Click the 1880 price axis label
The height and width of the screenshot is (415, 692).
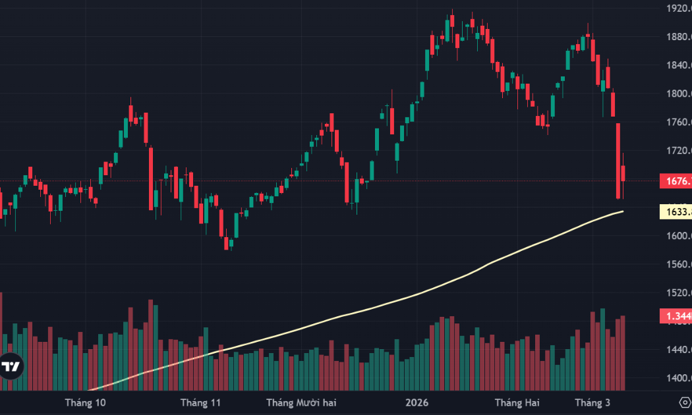click(678, 37)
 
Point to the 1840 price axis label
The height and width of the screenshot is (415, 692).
click(678, 65)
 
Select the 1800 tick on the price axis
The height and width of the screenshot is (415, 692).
click(678, 94)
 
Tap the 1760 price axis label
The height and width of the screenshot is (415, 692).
click(678, 122)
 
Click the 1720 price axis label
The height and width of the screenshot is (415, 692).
click(678, 151)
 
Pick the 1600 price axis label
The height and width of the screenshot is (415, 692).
click(678, 236)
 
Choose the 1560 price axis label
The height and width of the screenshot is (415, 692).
click(678, 264)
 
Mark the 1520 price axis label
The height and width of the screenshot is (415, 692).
click(678, 292)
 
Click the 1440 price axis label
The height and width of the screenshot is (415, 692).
click(678, 350)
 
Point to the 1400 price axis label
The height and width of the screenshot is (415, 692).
click(678, 378)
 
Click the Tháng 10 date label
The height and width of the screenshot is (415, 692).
click(86, 402)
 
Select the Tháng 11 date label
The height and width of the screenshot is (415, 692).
click(200, 402)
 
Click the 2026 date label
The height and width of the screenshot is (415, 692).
click(417, 402)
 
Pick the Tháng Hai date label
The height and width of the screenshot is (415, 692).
click(517, 402)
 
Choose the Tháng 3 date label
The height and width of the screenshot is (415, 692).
click(592, 402)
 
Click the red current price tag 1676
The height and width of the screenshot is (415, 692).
click(676, 181)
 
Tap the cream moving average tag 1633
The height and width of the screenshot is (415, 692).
click(676, 211)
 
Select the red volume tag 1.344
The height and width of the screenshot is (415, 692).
click(676, 317)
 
